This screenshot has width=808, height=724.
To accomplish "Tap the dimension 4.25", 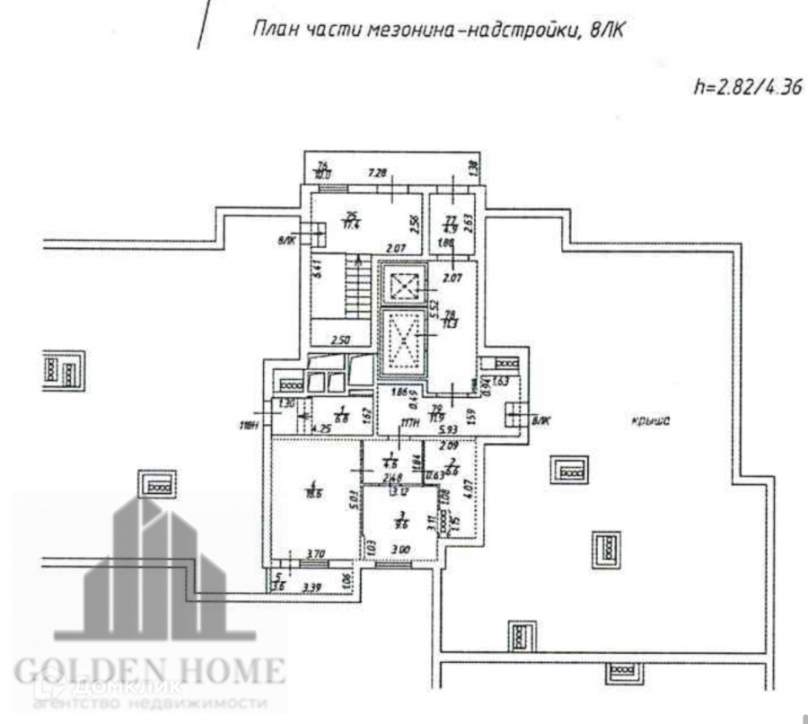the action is pyautogui.click(x=320, y=429).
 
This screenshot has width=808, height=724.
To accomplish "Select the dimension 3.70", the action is pyautogui.click(x=314, y=555).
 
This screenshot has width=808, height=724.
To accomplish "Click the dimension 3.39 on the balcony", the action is pyautogui.click(x=311, y=587).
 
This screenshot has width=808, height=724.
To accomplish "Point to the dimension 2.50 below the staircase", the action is pyautogui.click(x=340, y=340).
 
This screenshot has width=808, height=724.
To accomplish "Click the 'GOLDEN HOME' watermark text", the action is pyautogui.click(x=149, y=668).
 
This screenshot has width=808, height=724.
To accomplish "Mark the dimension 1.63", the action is pyautogui.click(x=501, y=382).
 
